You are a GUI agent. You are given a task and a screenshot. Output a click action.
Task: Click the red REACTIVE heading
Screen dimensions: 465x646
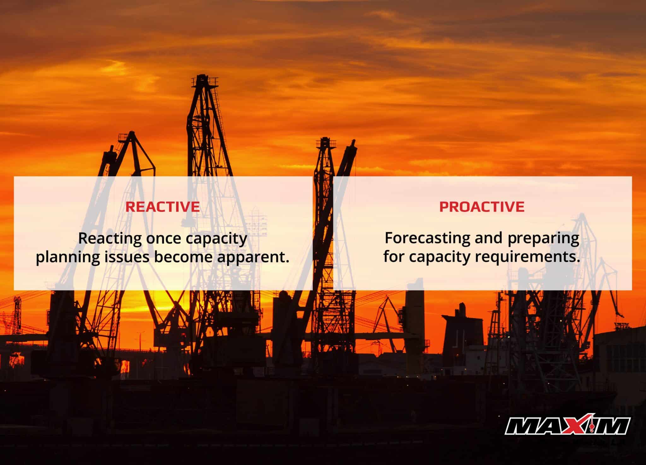pyautogui.click(x=162, y=207)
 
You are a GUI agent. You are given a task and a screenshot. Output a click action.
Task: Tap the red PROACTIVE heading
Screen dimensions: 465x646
pyautogui.click(x=482, y=207)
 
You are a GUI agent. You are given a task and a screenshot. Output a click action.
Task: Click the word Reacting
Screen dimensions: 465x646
pyautogui.click(x=109, y=238)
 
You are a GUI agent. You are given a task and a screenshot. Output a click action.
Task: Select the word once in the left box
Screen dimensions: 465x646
pyautogui.click(x=164, y=238)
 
